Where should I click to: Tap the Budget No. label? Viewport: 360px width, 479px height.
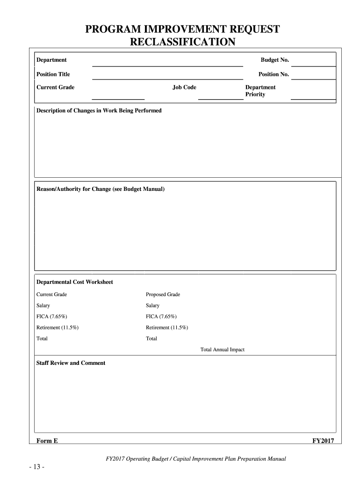point(275,60)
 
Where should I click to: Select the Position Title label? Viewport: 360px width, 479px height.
point(53,74)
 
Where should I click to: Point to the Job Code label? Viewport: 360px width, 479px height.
point(184,87)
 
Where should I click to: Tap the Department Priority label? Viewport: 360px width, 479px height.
point(260,91)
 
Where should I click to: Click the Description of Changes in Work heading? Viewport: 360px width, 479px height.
point(99,111)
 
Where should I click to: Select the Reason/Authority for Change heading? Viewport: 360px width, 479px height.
point(101,189)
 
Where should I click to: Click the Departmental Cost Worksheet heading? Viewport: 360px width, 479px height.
point(75,282)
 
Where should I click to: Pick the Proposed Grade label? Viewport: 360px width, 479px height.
point(163,295)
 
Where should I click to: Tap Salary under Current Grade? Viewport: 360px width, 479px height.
point(43,305)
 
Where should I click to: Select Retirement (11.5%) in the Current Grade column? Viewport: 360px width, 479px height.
point(58,327)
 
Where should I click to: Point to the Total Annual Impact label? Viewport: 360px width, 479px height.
point(223,350)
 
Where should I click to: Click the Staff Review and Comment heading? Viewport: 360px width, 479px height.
point(71,363)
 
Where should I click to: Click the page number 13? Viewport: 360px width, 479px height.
point(36,467)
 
